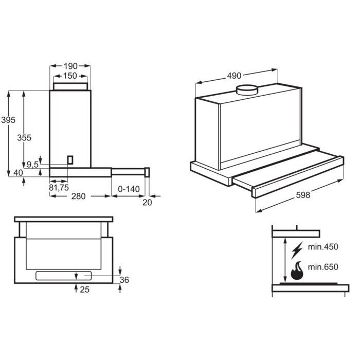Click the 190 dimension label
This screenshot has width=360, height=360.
tap(70, 66)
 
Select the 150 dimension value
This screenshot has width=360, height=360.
tap(70, 76)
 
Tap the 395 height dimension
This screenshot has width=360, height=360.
tap(8, 120)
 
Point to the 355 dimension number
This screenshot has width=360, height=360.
tap(24, 138)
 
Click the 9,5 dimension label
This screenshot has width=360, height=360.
tap(32, 165)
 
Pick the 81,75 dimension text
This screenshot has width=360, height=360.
tap(59, 188)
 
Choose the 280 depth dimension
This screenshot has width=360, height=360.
tap(78, 196)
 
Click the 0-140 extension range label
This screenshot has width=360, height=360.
tap(129, 189)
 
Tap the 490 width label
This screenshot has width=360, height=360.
tap(234, 76)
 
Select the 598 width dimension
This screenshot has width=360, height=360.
tap(303, 195)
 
